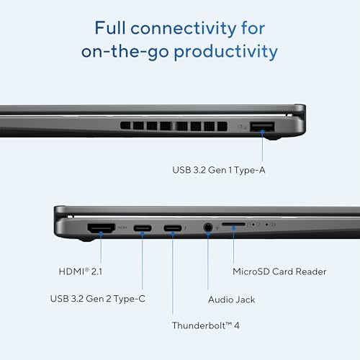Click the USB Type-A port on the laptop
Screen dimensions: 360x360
click(x=262, y=127)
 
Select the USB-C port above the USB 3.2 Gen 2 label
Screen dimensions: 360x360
click(x=142, y=229)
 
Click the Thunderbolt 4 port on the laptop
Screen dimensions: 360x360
click(x=173, y=229)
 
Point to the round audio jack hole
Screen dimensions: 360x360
click(x=207, y=228)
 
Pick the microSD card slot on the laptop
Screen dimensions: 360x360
click(x=233, y=225)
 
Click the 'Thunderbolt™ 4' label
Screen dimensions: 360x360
click(x=205, y=325)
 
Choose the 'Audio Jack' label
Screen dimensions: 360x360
click(x=230, y=299)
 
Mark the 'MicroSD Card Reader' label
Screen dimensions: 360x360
click(x=279, y=271)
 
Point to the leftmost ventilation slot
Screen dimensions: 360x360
click(x=125, y=126)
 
